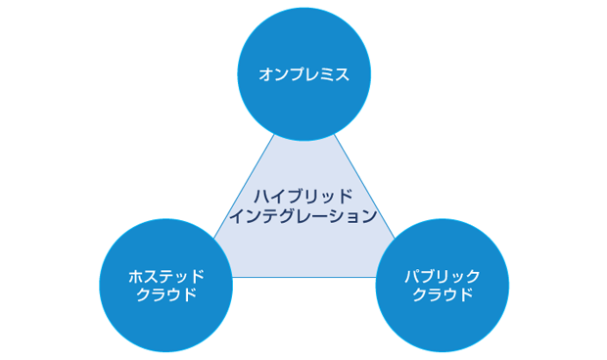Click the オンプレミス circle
[303, 73]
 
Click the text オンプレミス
[303, 74]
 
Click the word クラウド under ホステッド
[165, 294]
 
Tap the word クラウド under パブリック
[443, 294]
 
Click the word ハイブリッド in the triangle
[304, 196]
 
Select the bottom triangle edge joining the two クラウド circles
[303, 277]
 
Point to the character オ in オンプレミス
[265, 74]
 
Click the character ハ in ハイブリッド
[259, 196]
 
